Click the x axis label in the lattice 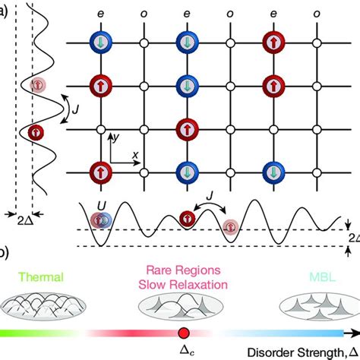pyautogui.click(x=134, y=153)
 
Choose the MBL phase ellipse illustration pyautogui.click(x=311, y=304)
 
